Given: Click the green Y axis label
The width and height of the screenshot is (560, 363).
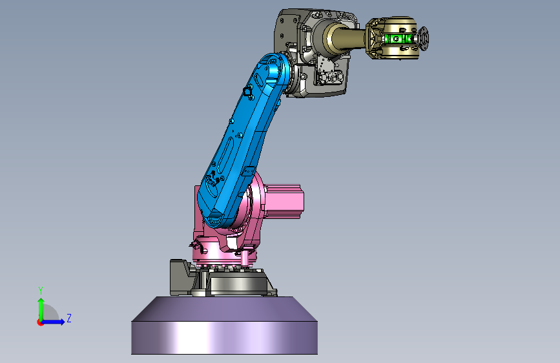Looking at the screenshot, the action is click(x=41, y=291).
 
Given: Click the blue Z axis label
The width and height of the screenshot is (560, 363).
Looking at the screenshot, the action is click(x=69, y=318).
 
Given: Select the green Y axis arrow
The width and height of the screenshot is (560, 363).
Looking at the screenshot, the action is click(x=41, y=309).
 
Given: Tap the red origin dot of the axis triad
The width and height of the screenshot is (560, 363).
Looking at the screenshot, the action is click(x=40, y=322).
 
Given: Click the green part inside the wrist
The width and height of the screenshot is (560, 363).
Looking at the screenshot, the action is click(x=397, y=39).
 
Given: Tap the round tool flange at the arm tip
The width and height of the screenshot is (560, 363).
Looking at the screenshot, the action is click(x=424, y=38).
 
